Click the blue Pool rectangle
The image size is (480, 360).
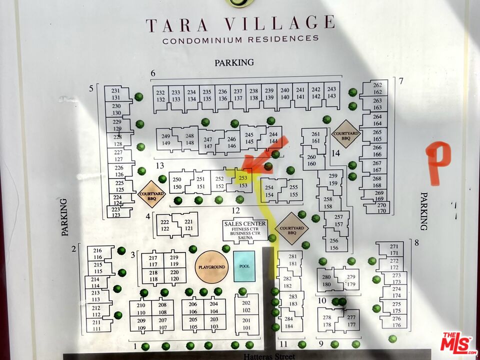(244, 266)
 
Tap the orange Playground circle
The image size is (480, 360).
(211, 267)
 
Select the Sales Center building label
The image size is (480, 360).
(245, 230)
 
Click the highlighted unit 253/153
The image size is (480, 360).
(243, 181)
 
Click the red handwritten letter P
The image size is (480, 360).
(437, 163)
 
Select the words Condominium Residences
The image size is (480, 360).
(240, 39)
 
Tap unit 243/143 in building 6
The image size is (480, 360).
(331, 93)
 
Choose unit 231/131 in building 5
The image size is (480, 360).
(116, 94)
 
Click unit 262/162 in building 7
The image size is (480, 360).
(377, 88)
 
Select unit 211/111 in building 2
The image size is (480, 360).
(96, 325)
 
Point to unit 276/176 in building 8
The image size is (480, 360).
(396, 322)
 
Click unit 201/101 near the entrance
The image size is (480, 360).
(246, 323)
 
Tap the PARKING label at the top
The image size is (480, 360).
(234, 62)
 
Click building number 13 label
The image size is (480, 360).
(160, 165)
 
